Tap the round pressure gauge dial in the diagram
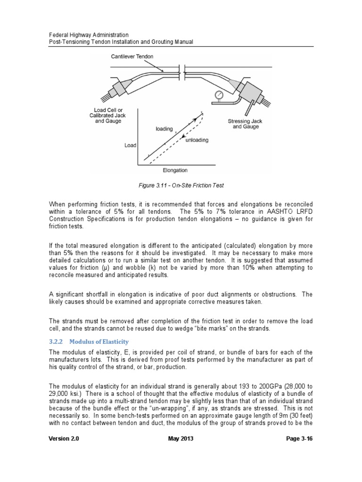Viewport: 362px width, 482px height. click(218, 96)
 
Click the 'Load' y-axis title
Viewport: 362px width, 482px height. click(130, 145)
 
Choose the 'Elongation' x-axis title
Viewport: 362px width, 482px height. click(175, 170)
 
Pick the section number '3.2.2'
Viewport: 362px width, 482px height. click(57, 341)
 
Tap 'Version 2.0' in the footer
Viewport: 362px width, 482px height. click(64, 439)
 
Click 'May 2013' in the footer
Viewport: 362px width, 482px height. click(181, 439)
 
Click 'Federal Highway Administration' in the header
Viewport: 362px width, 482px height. click(89, 35)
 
